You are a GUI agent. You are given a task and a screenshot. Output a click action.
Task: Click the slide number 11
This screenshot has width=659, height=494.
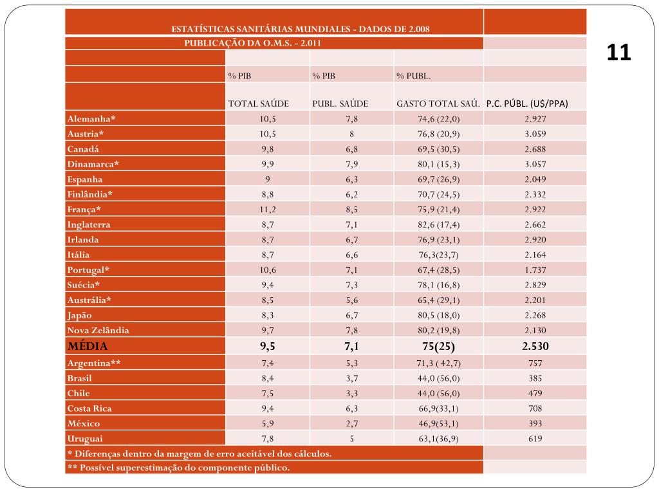tap(618, 53)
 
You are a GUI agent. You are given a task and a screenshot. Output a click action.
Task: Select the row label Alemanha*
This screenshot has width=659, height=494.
tap(91, 119)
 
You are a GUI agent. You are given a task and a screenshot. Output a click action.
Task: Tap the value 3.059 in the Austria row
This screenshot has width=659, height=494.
tap(535, 134)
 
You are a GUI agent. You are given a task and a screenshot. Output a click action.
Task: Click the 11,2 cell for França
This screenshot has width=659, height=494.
tap(268, 210)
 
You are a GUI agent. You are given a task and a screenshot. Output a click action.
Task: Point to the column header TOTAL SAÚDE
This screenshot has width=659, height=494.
tap(259, 104)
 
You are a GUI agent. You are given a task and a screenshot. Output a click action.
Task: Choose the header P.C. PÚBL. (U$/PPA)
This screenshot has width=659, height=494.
tap(527, 104)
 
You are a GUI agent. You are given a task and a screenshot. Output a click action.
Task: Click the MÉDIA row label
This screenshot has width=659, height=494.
tap(88, 347)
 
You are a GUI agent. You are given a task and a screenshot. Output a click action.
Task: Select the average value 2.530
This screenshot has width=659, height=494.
tap(535, 347)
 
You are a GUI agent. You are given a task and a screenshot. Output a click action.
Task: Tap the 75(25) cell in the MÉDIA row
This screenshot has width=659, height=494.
tap(438, 347)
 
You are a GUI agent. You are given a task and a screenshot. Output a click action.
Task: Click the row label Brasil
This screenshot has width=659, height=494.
tap(79, 378)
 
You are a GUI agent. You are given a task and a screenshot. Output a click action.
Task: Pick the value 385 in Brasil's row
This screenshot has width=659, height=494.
tap(535, 378)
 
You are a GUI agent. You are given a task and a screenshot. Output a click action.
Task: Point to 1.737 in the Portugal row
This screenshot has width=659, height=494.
tap(535, 270)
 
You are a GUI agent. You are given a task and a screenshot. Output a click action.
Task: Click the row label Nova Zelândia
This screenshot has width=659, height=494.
tap(98, 331)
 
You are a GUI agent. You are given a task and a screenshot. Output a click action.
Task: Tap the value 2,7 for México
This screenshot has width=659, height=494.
tap(351, 423)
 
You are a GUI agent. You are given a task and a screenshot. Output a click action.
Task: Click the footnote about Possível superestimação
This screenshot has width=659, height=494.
tap(178, 468)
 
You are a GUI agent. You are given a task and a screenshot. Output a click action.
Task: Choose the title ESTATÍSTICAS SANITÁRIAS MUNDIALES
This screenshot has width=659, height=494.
tap(301, 29)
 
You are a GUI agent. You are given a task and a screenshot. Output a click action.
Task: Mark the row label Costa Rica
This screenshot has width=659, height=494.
tap(89, 408)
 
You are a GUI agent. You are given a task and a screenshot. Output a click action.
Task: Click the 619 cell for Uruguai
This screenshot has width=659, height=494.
tap(535, 439)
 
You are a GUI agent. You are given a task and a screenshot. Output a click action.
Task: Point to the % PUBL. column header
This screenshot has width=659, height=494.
tap(413, 76)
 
